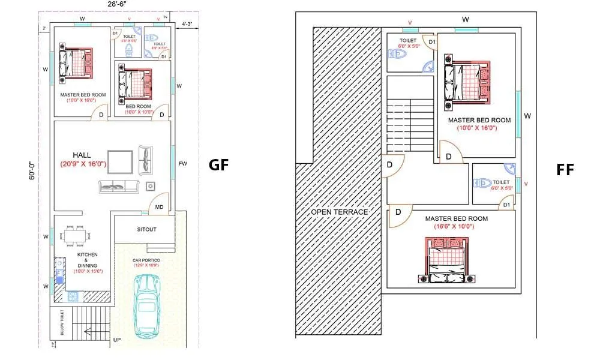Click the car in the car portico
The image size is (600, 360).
[x=147, y=304]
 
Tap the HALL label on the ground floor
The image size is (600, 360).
[x=82, y=155]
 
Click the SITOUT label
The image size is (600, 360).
[x=146, y=230]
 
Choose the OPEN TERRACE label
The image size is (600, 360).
[x=339, y=212]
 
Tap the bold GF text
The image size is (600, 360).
[x=218, y=165]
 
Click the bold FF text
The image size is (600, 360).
[x=565, y=170]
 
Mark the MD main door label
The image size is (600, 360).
[x=159, y=207]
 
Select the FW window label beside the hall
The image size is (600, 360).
[x=182, y=164]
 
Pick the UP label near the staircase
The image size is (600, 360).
[x=117, y=340]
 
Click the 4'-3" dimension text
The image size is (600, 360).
[x=187, y=25]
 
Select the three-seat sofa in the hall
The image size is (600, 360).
[x=119, y=187]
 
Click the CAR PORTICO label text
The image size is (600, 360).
[x=145, y=260]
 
